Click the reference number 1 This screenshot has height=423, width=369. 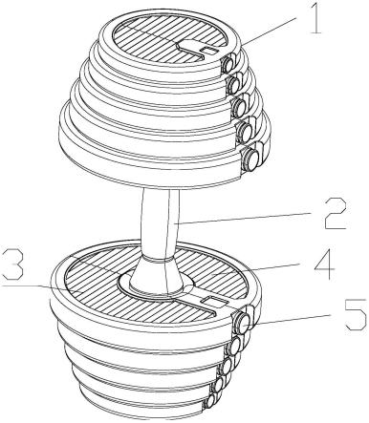[315, 18]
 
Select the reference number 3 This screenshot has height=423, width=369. [12, 264]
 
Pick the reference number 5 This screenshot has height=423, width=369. [356, 314]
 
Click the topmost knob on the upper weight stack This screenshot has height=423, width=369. [228, 65]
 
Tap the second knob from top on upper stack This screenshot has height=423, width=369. [235, 84]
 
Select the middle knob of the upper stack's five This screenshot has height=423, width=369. [240, 105]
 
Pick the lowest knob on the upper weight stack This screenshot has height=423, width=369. [251, 157]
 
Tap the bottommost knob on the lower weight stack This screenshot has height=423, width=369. [210, 401]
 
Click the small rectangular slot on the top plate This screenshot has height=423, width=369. [208, 51]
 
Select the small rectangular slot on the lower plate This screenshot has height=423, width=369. [215, 301]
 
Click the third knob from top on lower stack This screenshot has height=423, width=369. [227, 366]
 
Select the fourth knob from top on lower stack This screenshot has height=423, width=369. [219, 385]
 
